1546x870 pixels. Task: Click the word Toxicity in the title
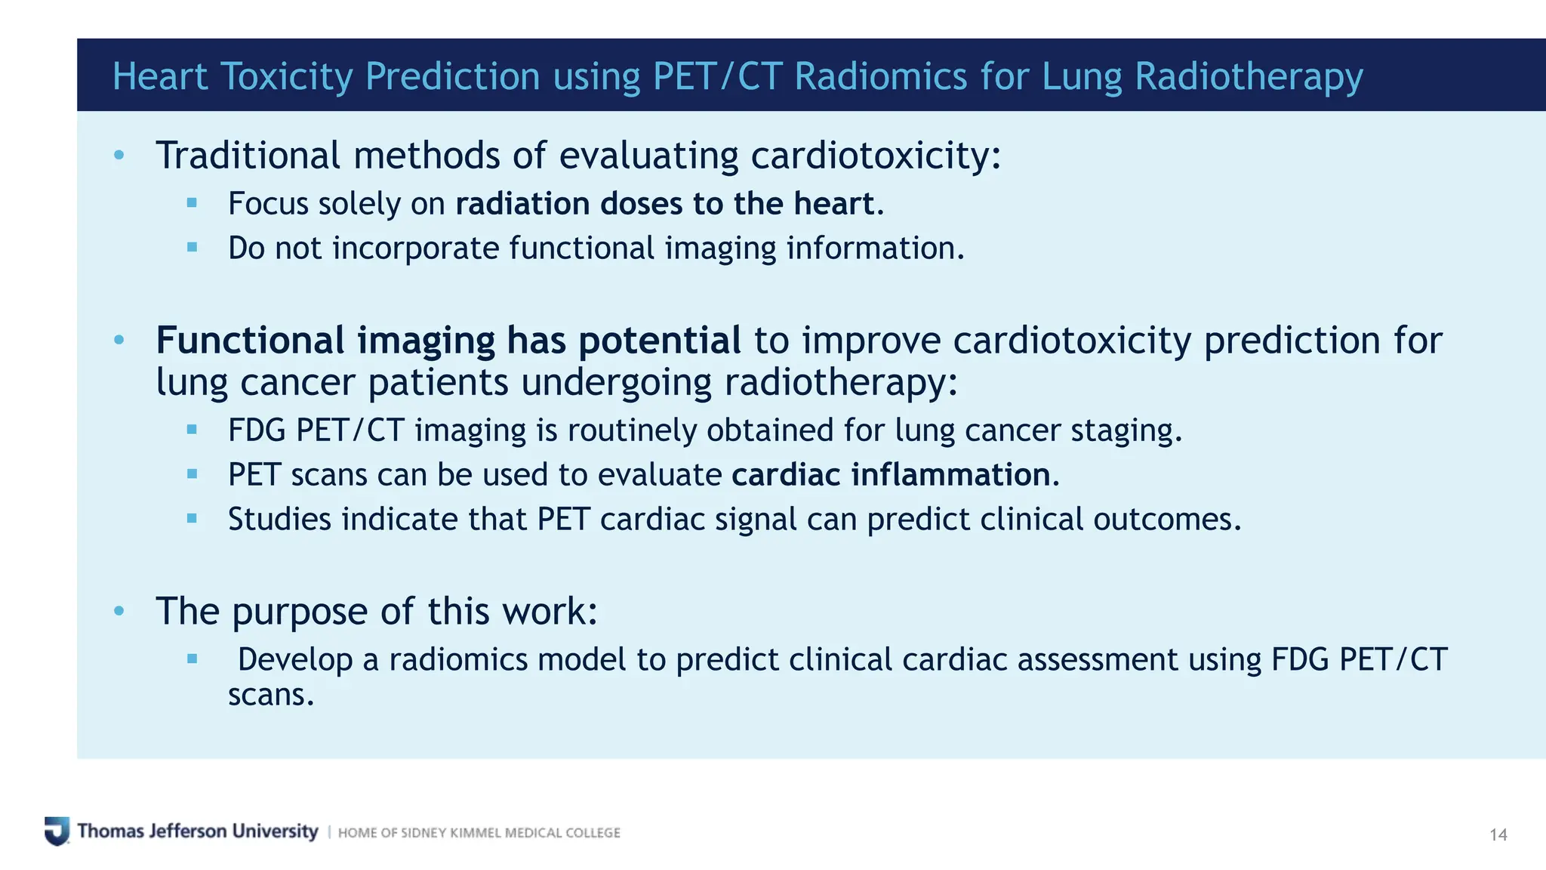pos(286,77)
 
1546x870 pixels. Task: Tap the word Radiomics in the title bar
pos(881,77)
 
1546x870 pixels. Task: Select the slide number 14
pos(1498,835)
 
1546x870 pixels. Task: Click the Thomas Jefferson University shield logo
pos(57,831)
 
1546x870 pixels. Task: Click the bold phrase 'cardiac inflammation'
pos(895,475)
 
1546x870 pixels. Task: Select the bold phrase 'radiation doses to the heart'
pos(664,204)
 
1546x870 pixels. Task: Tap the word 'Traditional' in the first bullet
pos(248,156)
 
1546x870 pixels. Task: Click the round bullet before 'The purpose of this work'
pos(119,610)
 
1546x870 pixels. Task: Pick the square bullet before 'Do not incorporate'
pos(192,247)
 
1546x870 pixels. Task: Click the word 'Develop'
pos(295,660)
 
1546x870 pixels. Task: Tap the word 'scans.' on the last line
pos(271,695)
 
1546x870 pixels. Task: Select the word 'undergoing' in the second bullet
pos(616,383)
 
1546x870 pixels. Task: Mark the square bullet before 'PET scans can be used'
pos(192,474)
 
